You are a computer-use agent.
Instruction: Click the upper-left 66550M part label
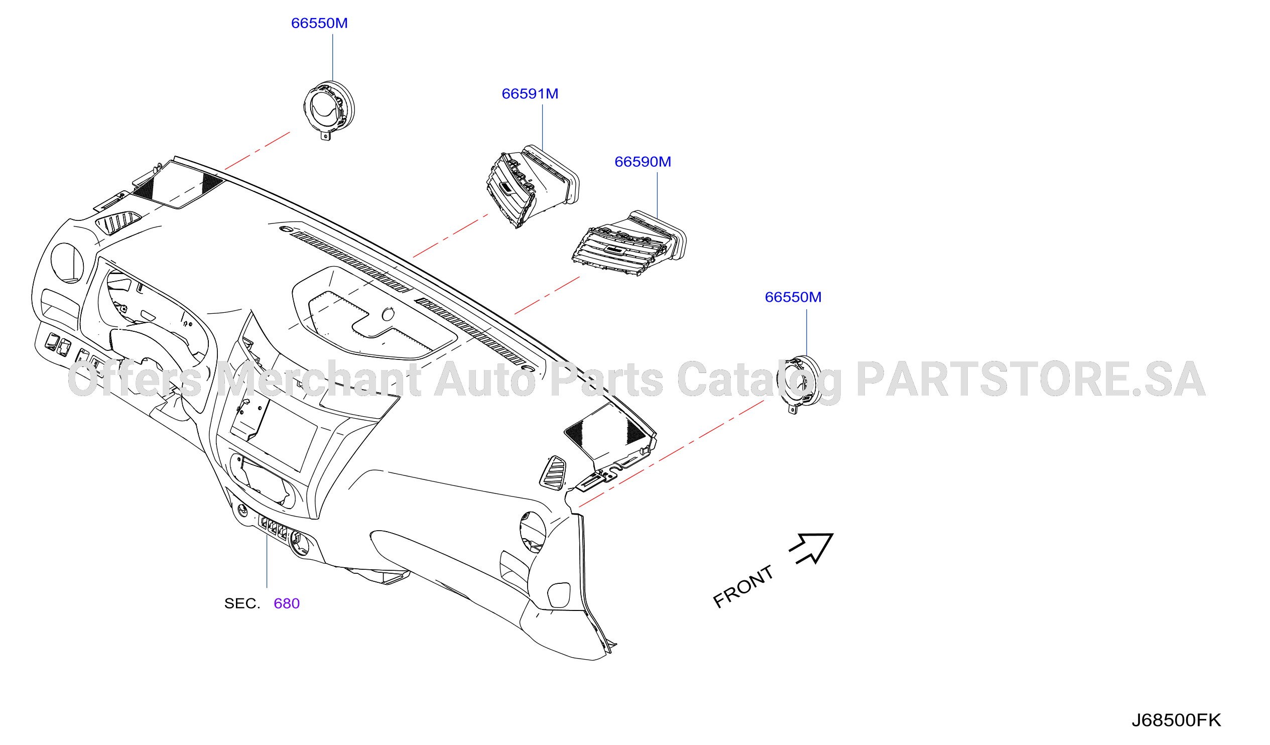[x=320, y=23]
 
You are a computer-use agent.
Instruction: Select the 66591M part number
[x=530, y=94]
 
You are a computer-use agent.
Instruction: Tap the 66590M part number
[x=643, y=162]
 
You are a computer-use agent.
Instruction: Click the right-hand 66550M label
[x=793, y=297]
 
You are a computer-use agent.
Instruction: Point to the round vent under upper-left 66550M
[x=330, y=110]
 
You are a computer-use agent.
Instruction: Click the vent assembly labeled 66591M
[x=533, y=187]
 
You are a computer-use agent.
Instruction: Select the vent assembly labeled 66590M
[x=629, y=243]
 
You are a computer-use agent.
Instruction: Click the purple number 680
[x=287, y=604]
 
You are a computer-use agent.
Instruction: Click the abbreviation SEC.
[x=242, y=604]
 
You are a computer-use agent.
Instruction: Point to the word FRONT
[x=743, y=587]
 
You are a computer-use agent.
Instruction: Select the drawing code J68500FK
[x=1177, y=721]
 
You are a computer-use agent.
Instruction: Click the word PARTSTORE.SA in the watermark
[x=1031, y=380]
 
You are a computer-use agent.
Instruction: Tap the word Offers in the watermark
[x=135, y=380]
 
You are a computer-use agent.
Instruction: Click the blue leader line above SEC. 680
[x=267, y=561]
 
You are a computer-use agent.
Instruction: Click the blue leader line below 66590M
[x=657, y=196]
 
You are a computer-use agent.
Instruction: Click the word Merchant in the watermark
[x=319, y=380]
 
